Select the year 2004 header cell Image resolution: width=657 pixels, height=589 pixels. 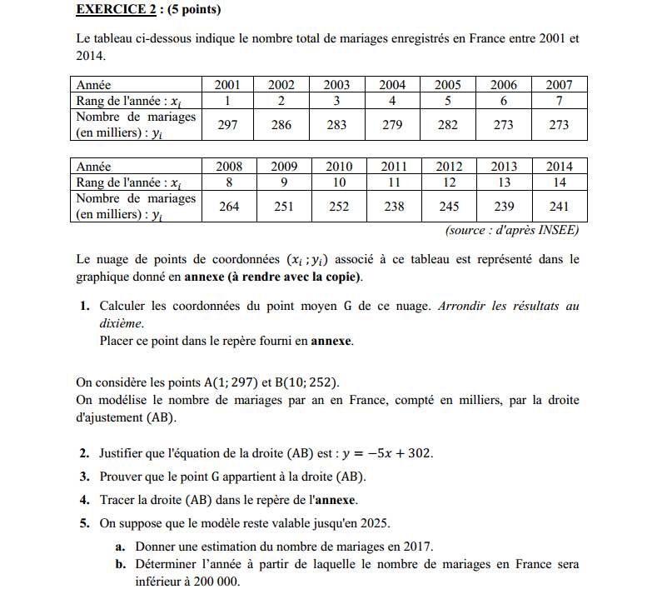392,84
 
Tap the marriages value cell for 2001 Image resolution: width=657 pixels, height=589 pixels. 228,125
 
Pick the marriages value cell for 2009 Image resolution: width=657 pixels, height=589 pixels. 283,207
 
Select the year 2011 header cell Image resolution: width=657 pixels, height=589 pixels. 394,167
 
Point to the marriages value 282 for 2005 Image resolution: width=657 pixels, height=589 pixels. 448,125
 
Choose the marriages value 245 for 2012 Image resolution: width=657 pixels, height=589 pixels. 449,207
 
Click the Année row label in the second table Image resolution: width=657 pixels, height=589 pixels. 93,167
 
